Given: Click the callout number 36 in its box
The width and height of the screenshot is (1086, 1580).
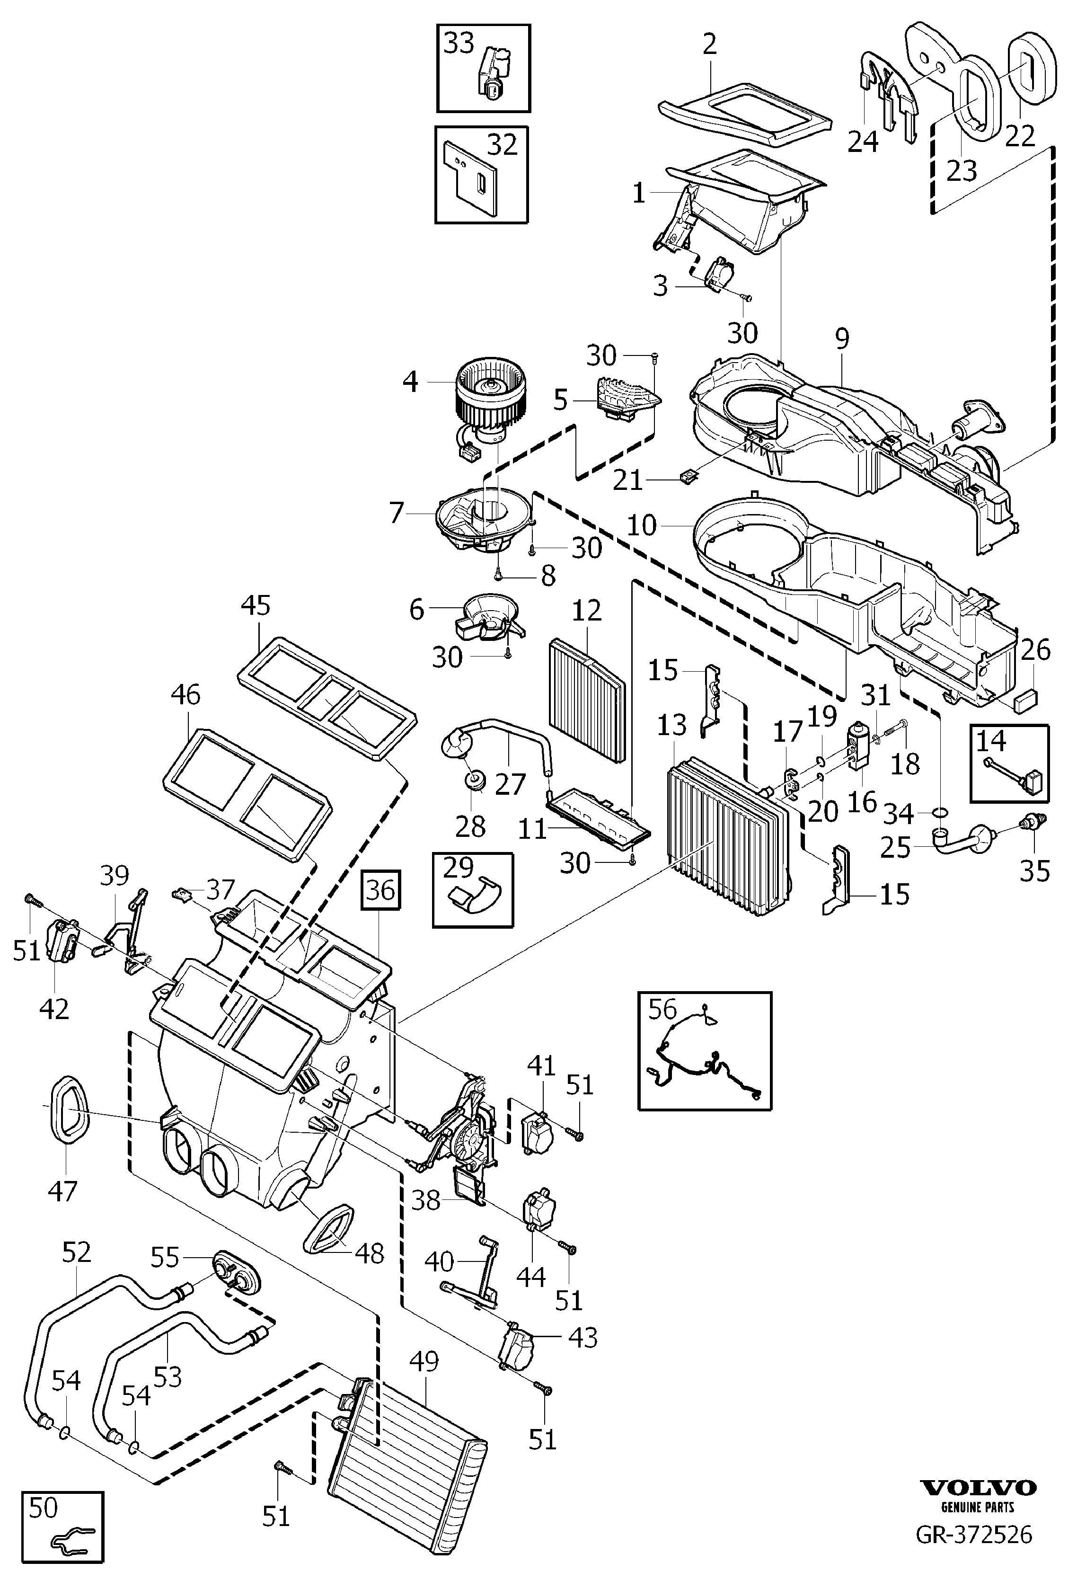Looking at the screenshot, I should click(x=380, y=888).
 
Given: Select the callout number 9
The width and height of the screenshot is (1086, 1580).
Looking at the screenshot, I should click(x=842, y=338).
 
